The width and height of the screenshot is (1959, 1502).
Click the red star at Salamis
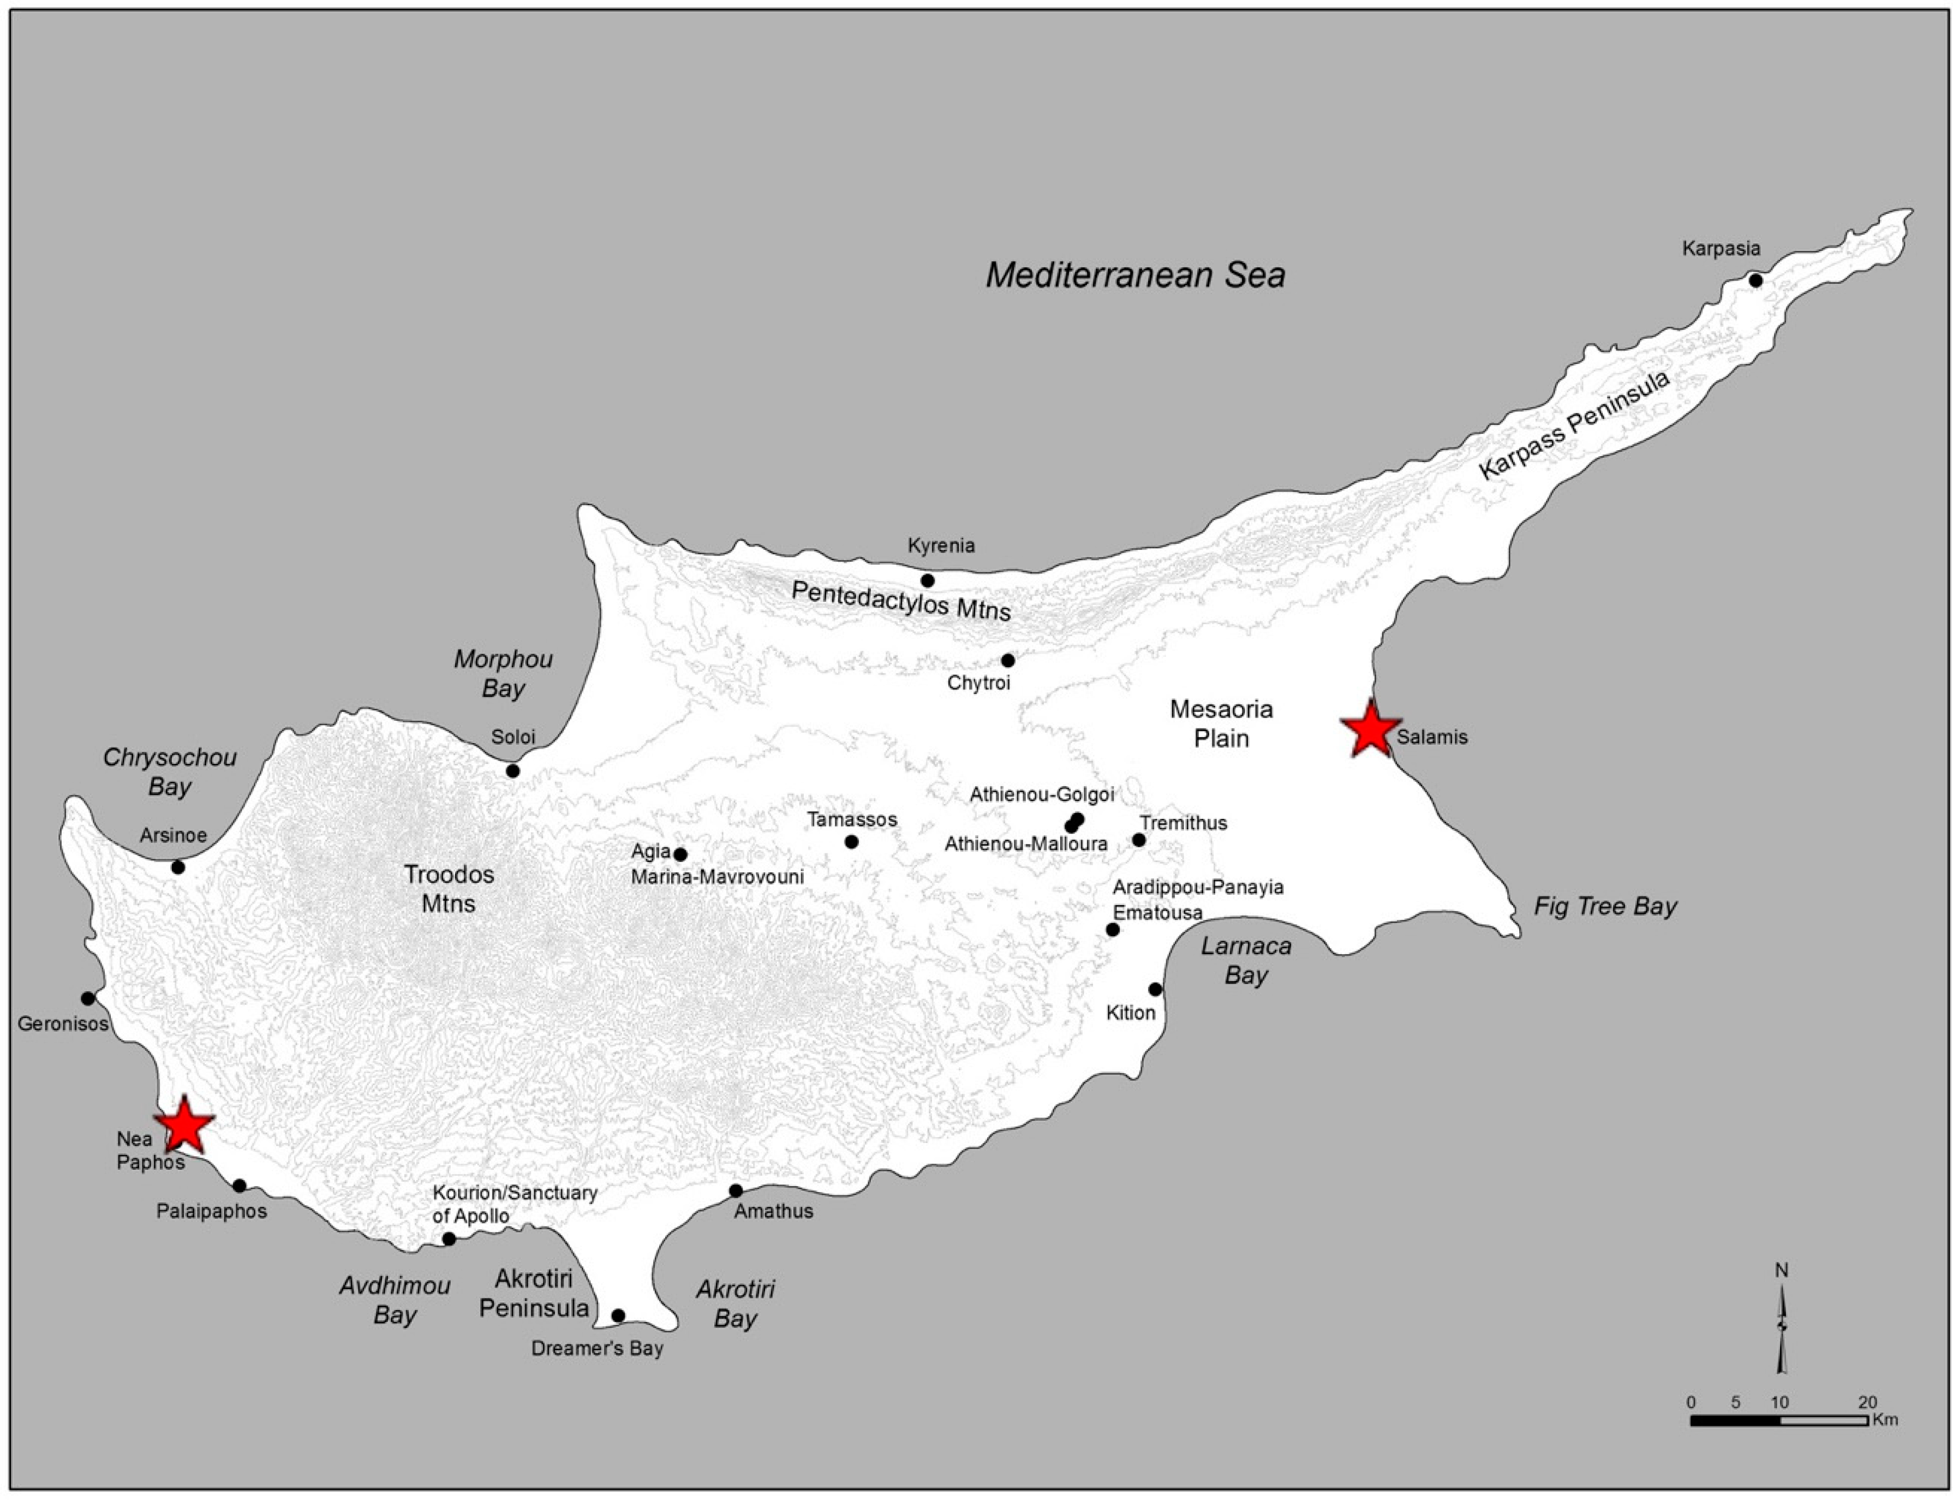point(1370,729)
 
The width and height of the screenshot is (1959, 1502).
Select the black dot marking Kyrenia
point(927,581)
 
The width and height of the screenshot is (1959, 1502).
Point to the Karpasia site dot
point(1755,281)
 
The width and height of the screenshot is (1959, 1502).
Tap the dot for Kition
point(1155,989)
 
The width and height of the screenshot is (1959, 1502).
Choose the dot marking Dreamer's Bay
point(618,1315)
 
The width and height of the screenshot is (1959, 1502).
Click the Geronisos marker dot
point(88,998)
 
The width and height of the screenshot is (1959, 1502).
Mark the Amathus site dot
point(736,1191)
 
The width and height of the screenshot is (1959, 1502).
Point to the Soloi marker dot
point(512,771)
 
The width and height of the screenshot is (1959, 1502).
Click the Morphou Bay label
point(503,673)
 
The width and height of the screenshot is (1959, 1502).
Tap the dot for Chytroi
point(1008,661)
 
